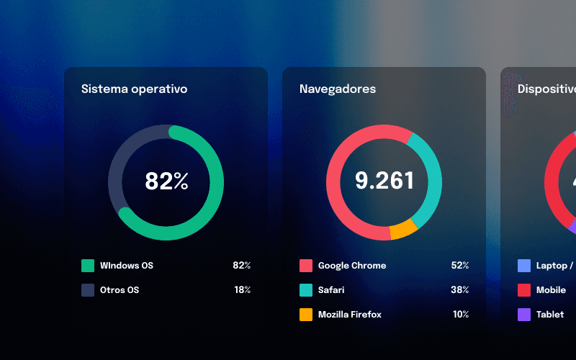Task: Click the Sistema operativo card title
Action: tap(134, 89)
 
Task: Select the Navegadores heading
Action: tap(338, 89)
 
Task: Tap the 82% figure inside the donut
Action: tap(166, 181)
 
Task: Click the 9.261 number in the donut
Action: tap(384, 181)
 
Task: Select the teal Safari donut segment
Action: tap(433, 180)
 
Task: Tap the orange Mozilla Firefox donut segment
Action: tap(403, 230)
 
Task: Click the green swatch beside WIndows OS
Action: tap(88, 266)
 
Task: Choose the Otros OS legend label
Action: tap(120, 290)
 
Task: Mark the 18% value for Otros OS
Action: tap(242, 290)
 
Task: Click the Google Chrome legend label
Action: tap(352, 266)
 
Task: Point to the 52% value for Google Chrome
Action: tap(460, 266)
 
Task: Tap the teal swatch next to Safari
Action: tap(306, 290)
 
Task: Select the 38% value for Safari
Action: tap(460, 290)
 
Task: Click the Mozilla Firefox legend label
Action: tap(350, 315)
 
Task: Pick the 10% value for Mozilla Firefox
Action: tap(460, 315)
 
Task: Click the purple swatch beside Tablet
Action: tap(524, 315)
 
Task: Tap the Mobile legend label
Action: tap(551, 290)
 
